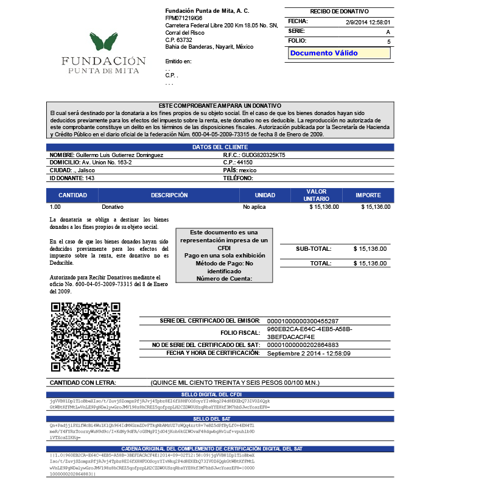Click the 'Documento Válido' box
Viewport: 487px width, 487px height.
[338, 53]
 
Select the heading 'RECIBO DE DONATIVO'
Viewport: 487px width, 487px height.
[339, 12]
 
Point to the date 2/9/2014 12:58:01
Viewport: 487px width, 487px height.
[368, 22]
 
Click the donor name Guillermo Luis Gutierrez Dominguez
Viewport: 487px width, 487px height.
[119, 155]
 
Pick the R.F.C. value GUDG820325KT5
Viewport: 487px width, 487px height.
[259, 155]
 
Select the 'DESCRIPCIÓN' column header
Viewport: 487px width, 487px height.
[169, 195]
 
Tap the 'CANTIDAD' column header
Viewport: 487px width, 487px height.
[72, 195]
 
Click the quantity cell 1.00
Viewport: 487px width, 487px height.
[55, 207]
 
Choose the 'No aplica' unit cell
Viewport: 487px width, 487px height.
[254, 207]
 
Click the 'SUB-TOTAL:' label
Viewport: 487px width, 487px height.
[314, 248]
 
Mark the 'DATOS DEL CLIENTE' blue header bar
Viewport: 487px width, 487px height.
[220, 147]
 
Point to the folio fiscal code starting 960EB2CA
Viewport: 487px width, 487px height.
[310, 333]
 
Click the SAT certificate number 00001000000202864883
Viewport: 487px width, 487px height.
[303, 345]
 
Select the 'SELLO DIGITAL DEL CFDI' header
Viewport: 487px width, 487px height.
[220, 395]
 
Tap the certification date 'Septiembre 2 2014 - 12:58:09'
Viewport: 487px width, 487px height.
[309, 353]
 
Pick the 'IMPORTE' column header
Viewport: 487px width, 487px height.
[368, 195]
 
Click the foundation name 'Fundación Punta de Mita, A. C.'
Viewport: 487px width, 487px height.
[207, 11]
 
